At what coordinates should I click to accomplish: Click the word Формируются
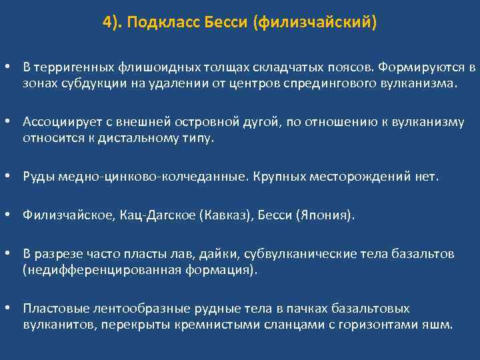coord(422,68)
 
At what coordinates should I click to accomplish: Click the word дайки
coord(219,254)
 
